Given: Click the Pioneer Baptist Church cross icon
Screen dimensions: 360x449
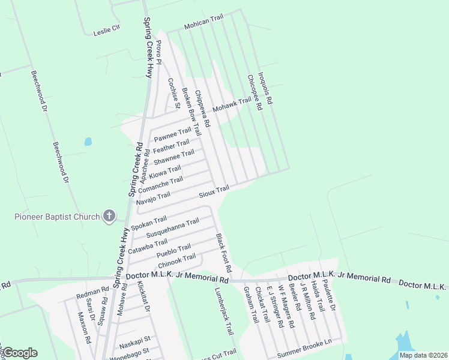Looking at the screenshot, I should [109, 215].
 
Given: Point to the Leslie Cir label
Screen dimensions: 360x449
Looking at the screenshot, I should [107, 30].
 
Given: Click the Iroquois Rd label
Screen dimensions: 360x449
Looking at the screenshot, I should [265, 89].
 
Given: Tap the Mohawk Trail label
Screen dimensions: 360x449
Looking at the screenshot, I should [236, 105].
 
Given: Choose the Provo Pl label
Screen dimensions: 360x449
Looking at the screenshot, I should [158, 52].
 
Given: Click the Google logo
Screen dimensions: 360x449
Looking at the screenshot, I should [20, 353].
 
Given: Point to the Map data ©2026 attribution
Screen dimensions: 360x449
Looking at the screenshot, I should [423, 355].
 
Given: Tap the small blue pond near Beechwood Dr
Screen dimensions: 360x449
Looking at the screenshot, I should [88, 142].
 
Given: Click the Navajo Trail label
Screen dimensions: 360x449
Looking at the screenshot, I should [153, 198].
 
